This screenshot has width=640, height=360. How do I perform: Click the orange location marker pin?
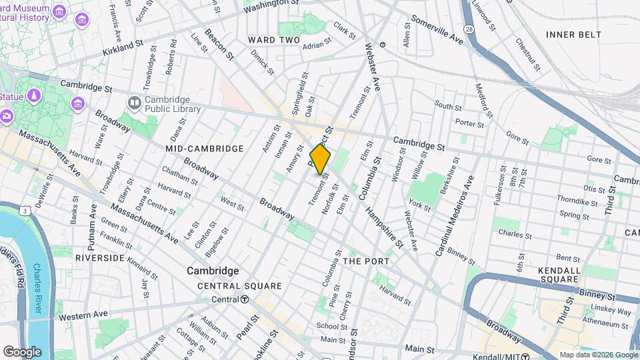tap(321, 159)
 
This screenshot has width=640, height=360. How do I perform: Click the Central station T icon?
tap(245, 299)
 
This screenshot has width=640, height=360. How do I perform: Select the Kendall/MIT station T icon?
tap(526, 356)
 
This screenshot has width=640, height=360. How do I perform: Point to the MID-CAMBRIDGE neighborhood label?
tap(195, 148)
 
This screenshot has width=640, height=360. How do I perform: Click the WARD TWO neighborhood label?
tap(275, 41)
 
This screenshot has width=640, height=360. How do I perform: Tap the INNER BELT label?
tap(573, 35)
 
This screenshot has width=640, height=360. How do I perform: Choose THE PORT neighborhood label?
tap(366, 261)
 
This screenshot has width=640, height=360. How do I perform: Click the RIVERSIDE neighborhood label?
tap(100, 257)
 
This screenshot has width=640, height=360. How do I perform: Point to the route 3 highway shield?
tap(25, 211)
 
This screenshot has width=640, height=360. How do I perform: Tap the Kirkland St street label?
tap(123, 46)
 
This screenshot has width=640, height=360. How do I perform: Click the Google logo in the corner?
tap(22, 351)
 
